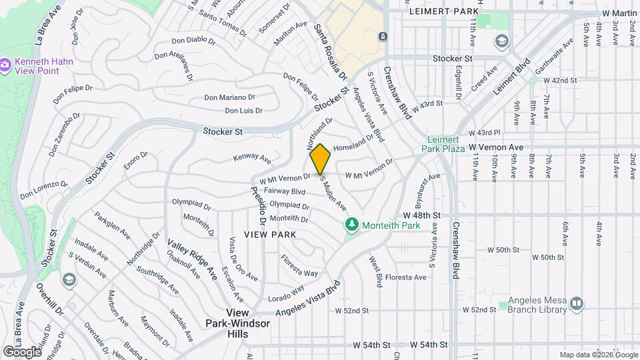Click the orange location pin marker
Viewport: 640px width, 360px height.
320,159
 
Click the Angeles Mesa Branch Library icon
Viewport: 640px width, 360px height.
577,303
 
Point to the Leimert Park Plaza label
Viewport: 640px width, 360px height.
446,143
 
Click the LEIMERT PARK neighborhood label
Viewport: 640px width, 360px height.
445,12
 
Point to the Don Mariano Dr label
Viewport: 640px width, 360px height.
229,97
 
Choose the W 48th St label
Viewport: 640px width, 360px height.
423,216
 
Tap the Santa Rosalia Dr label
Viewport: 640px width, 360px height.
325,41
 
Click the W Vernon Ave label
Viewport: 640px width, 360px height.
493,146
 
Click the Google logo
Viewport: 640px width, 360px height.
21,351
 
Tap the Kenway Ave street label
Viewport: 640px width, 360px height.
252,159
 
